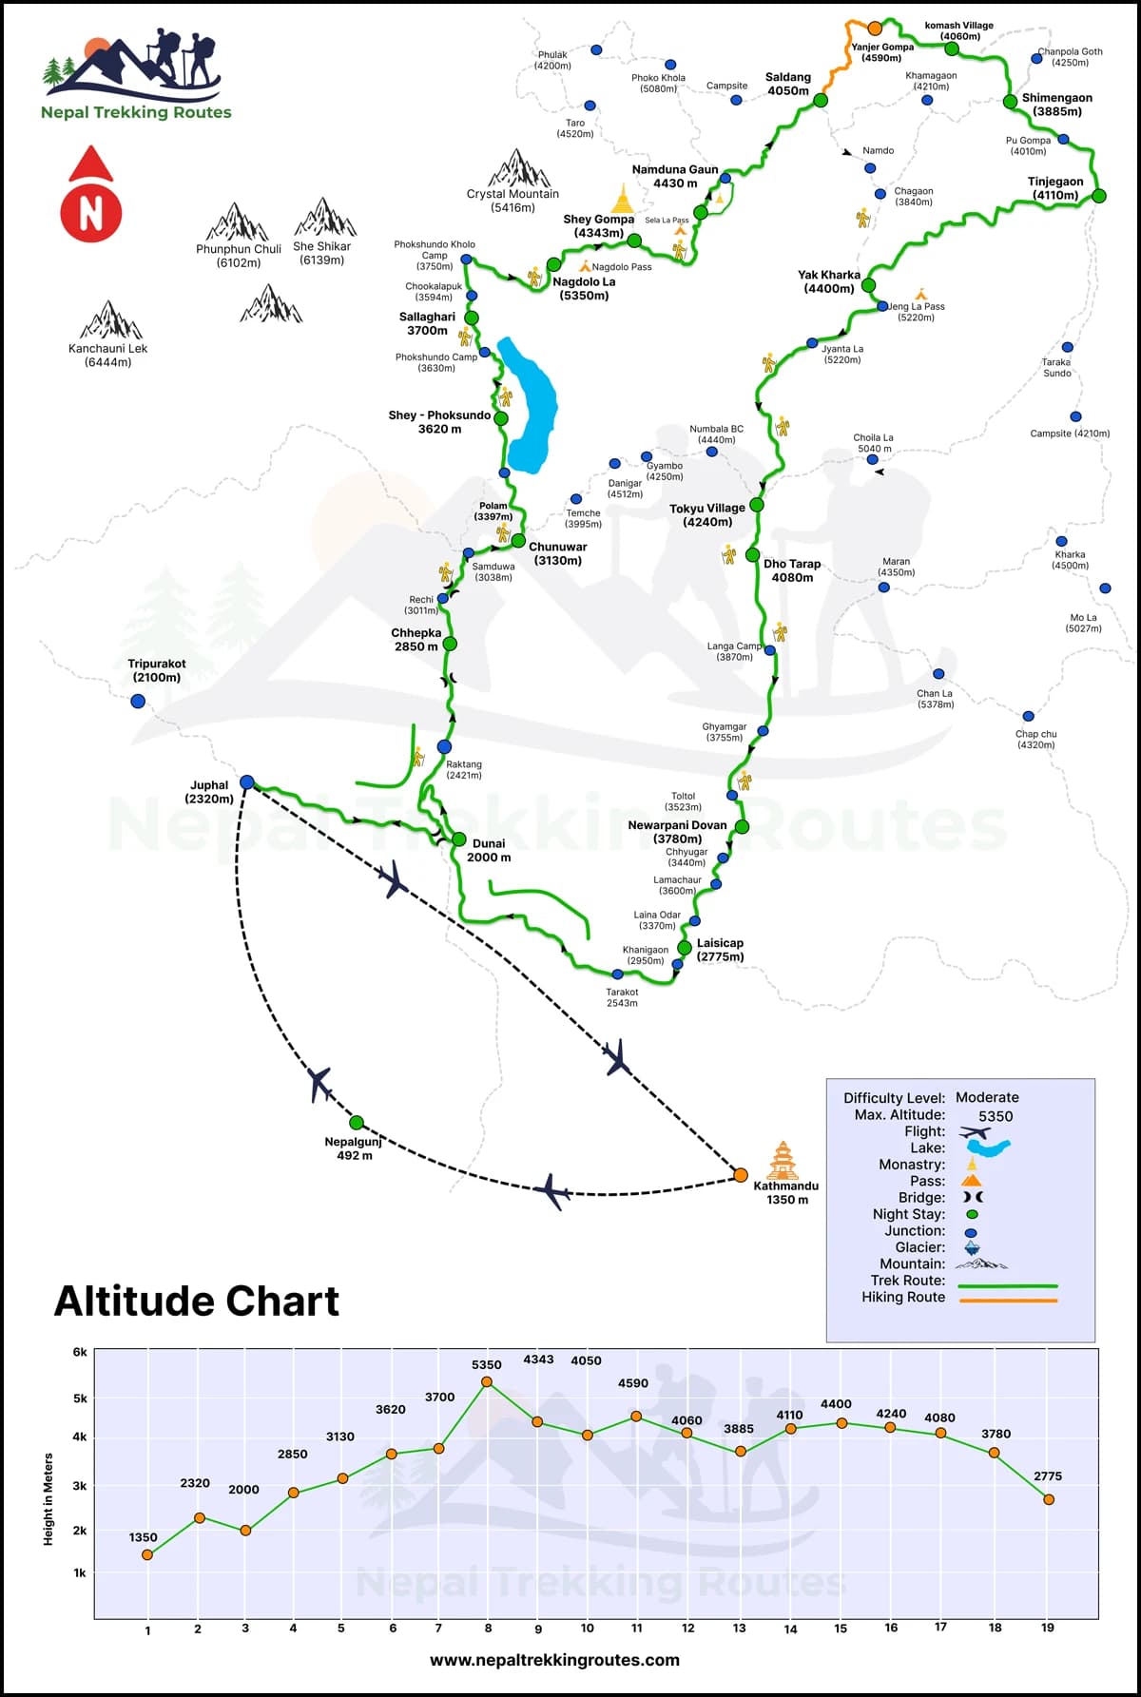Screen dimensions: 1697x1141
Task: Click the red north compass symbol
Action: (x=91, y=196)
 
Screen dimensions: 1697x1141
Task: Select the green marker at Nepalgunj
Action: (x=357, y=1123)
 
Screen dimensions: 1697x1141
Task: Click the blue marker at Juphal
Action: (x=247, y=782)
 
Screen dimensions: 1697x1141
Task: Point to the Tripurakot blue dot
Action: (x=138, y=702)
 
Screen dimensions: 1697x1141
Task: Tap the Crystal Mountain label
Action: (x=512, y=201)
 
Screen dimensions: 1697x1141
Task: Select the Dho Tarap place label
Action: (x=791, y=570)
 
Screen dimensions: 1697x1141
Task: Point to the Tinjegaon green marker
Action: (x=1099, y=196)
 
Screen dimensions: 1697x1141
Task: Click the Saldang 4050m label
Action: (x=788, y=85)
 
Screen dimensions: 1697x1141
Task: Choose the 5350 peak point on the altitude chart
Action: (x=487, y=1381)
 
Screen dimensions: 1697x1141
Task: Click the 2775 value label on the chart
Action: (x=1048, y=1475)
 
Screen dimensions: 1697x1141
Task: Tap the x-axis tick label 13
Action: (x=739, y=1628)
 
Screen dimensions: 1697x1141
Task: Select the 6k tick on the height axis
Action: (x=80, y=1352)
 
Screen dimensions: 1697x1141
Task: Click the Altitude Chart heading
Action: (x=197, y=1302)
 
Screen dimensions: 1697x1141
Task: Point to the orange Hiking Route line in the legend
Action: (x=1008, y=1300)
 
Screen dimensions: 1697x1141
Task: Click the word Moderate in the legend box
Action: (x=987, y=1097)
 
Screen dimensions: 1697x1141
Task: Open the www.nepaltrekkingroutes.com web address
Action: (x=554, y=1660)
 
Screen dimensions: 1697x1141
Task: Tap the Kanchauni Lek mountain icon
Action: (x=111, y=320)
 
